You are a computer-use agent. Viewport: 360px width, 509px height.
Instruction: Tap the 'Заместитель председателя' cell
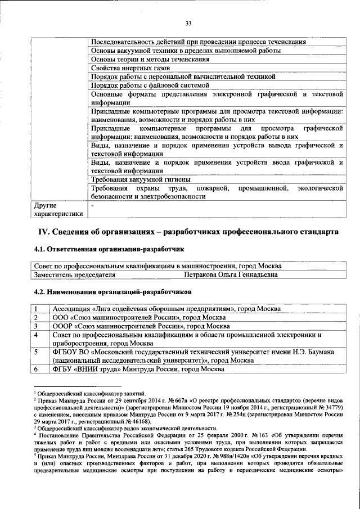(75, 275)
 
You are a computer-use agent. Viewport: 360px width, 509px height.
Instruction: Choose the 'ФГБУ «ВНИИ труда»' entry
(138, 369)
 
